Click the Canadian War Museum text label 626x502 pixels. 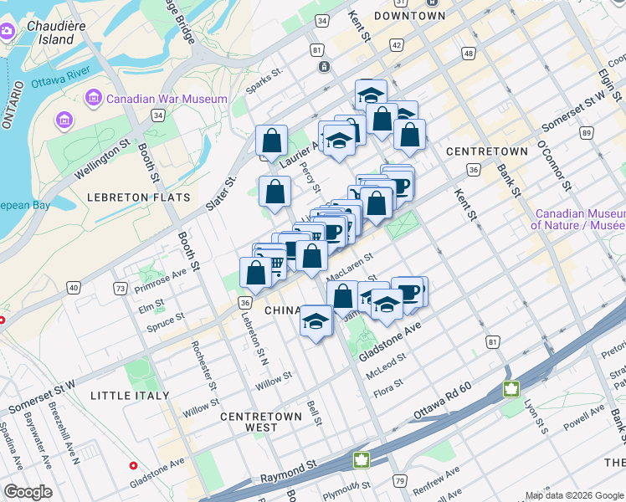167,99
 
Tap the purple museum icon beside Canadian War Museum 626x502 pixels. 93,99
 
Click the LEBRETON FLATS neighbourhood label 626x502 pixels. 138,197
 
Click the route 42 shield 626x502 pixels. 396,44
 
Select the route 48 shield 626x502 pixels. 468,54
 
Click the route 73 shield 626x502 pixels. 121,289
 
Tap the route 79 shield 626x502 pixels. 400,480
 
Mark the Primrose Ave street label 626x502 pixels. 162,276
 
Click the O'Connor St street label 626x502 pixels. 553,165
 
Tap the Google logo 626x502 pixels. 28,492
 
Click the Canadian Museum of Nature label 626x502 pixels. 580,219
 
